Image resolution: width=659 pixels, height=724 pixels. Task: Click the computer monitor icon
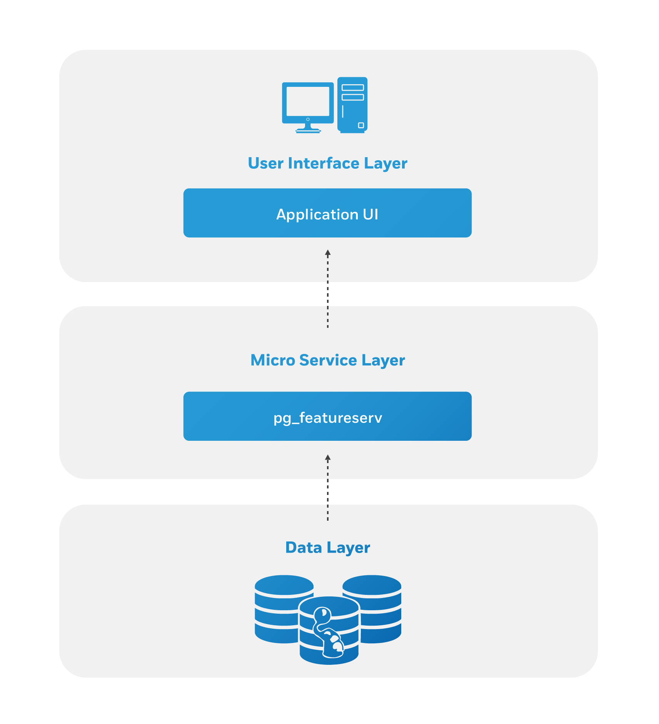click(308, 102)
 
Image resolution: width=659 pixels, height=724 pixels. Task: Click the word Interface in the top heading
click(324, 163)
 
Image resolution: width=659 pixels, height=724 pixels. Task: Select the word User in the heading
click(265, 163)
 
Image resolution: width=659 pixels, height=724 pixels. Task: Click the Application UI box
click(327, 213)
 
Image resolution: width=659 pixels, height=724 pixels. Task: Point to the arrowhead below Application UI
click(328, 253)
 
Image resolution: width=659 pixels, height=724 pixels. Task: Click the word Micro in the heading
click(272, 360)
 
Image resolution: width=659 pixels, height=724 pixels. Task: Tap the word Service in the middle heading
click(328, 360)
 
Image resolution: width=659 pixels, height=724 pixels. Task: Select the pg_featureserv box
click(327, 416)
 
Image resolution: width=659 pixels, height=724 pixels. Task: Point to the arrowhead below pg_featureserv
click(328, 458)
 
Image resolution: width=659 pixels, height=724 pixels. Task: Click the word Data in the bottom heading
click(304, 548)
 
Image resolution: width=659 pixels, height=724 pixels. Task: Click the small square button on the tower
click(361, 125)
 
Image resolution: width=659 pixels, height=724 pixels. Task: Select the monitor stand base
click(308, 131)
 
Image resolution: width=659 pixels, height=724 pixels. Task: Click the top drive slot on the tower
click(353, 88)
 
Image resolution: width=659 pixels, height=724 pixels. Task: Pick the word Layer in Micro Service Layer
click(383, 360)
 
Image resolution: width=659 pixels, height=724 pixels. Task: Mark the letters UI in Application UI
click(370, 214)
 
